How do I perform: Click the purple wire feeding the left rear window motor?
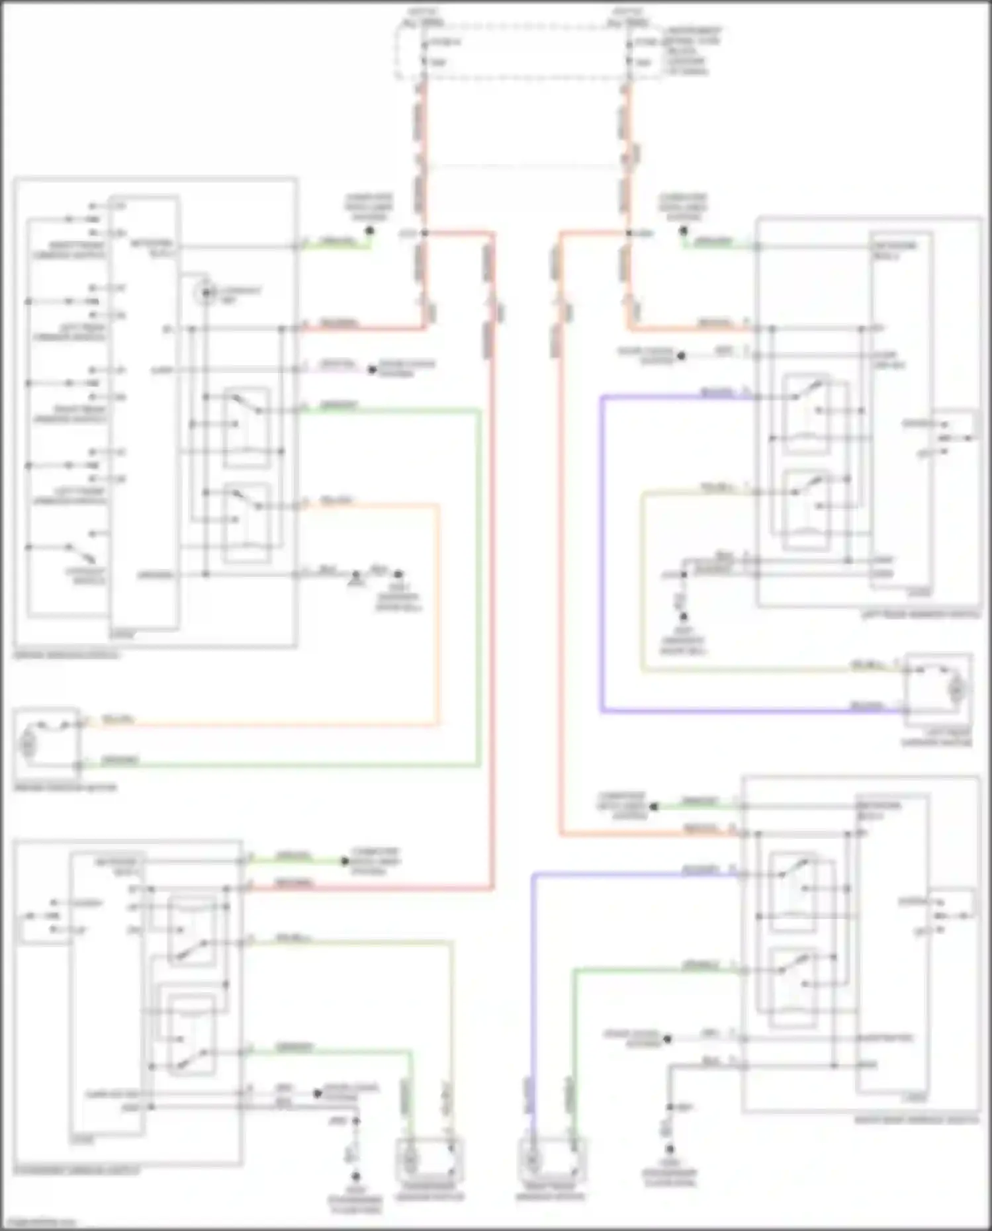601,556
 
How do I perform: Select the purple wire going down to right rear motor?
533,992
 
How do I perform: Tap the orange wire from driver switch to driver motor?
437,615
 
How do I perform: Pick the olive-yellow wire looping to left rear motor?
642,582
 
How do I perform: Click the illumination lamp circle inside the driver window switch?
207,292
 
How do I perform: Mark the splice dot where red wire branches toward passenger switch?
424,233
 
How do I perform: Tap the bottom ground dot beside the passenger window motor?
355,1177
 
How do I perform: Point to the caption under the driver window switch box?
67,655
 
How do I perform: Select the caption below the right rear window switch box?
916,1120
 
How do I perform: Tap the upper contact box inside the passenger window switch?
191,931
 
